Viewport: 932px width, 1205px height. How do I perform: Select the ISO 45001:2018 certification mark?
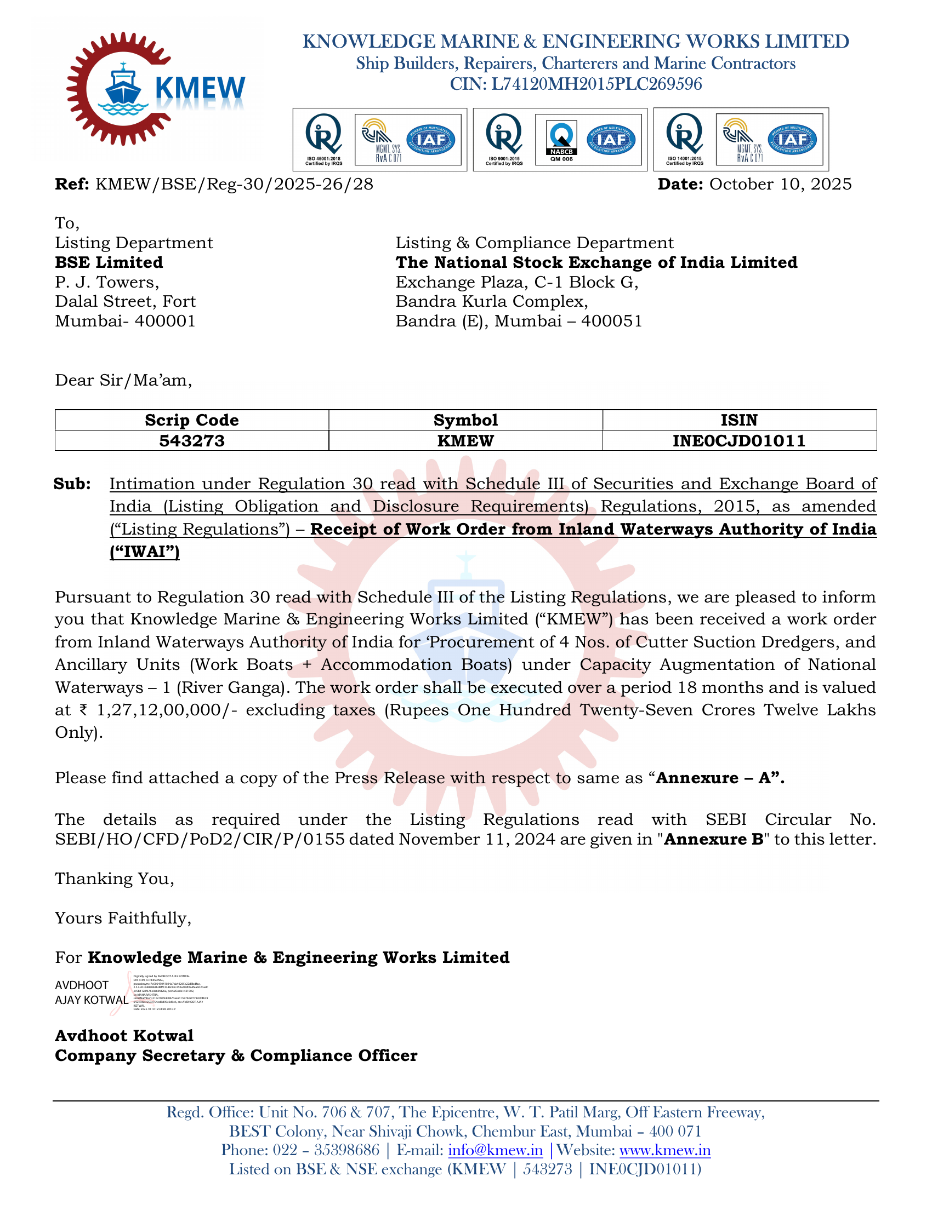pyautogui.click(x=323, y=140)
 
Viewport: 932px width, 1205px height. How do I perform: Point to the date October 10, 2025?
pyautogui.click(x=780, y=184)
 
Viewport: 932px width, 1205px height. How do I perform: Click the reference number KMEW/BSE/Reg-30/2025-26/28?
pyautogui.click(x=234, y=184)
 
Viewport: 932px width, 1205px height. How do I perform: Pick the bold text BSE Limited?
pyautogui.click(x=109, y=262)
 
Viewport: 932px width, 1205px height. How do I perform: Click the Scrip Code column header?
pyautogui.click(x=191, y=421)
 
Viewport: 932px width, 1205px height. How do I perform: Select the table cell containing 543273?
pyautogui.click(x=191, y=441)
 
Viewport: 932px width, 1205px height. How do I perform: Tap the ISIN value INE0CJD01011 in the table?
pyautogui.click(x=739, y=441)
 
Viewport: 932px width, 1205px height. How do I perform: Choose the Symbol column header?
pyautogui.click(x=465, y=421)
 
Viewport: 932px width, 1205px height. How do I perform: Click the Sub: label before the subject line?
pyautogui.click(x=72, y=484)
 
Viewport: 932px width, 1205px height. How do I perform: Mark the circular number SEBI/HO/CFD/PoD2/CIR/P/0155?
pyautogui.click(x=200, y=840)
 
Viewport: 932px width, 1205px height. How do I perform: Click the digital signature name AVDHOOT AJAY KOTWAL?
pyautogui.click(x=91, y=992)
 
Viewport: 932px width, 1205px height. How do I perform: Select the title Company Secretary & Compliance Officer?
pyautogui.click(x=236, y=1055)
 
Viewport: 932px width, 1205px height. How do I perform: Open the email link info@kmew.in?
pyautogui.click(x=495, y=1150)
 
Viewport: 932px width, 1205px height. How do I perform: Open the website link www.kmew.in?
pyautogui.click(x=665, y=1150)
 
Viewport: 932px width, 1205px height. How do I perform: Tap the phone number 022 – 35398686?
pyautogui.click(x=326, y=1150)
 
